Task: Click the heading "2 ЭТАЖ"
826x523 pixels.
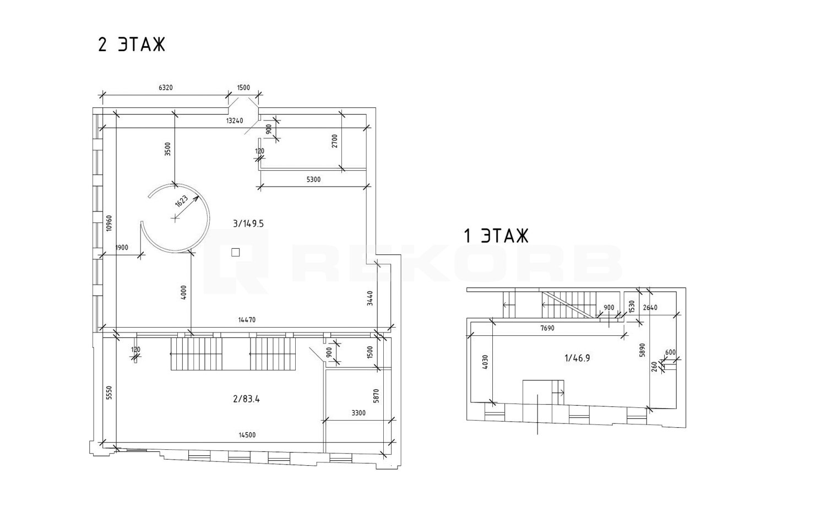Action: point(132,45)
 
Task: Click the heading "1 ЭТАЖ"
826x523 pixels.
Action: point(496,236)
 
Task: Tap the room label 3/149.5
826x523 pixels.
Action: point(248,224)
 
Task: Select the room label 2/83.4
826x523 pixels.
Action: point(246,399)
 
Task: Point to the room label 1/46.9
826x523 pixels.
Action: point(577,358)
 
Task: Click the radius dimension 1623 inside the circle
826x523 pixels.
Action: point(181,201)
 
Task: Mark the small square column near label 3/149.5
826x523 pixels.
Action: point(235,253)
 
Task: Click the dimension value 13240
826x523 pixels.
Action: point(235,121)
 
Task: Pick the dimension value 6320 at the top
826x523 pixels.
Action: point(166,88)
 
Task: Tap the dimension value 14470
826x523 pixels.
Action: point(247,319)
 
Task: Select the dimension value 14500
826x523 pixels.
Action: point(247,435)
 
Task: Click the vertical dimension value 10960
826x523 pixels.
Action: point(109,223)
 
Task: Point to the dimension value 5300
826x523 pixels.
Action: point(313,179)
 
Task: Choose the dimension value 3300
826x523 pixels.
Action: point(358,413)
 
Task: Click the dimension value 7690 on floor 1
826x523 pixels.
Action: point(547,328)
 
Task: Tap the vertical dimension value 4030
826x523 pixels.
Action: point(485,362)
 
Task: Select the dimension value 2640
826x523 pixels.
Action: point(650,307)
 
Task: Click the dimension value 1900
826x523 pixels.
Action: point(122,248)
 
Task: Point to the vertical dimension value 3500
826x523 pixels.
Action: point(168,149)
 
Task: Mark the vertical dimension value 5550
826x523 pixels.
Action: point(109,393)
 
